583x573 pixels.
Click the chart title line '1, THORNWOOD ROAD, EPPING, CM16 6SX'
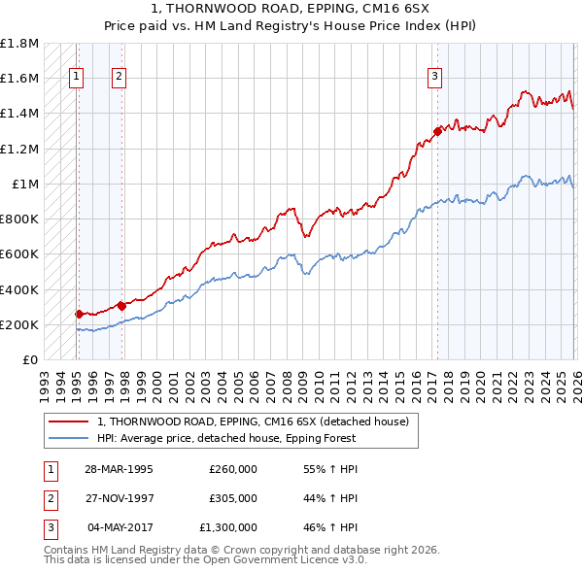[291, 9]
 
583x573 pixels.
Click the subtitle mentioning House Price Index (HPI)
[291, 24]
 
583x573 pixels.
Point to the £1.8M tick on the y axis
[19, 44]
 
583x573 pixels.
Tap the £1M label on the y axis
[25, 184]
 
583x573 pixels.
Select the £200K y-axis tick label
[19, 324]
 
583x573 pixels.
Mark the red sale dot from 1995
[80, 314]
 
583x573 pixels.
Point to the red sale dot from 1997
[122, 306]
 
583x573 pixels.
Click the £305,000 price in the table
[232, 498]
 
